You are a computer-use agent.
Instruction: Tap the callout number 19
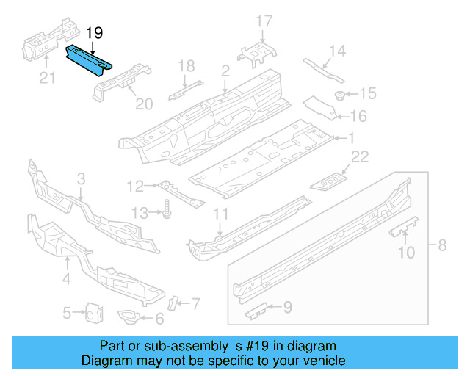click(x=95, y=33)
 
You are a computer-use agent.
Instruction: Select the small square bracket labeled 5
click(x=92, y=313)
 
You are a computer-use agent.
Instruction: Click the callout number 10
click(x=405, y=253)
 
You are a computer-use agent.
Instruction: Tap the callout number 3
click(x=81, y=178)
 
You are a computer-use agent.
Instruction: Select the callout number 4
click(x=65, y=279)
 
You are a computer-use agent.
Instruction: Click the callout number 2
click(x=225, y=70)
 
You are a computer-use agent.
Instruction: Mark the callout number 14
click(x=336, y=51)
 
